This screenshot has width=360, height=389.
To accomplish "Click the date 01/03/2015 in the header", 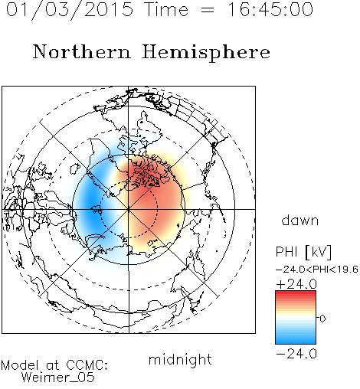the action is click(70, 10).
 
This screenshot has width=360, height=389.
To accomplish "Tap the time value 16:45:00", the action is click(270, 10).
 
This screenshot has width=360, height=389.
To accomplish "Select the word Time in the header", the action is click(166, 10).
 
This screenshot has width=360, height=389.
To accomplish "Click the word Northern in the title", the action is click(82, 51).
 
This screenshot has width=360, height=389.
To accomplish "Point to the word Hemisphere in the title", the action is click(206, 53).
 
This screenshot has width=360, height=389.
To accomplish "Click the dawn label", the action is click(300, 220).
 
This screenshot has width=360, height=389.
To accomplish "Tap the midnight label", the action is click(180, 360).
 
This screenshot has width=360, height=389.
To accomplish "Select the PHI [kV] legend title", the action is click(303, 252).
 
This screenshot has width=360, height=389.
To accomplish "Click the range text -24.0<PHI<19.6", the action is click(317, 270).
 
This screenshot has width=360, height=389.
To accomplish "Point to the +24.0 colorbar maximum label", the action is click(296, 284).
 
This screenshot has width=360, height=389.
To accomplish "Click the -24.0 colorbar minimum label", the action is click(296, 354).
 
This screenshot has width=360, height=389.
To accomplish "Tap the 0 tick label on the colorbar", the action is click(322, 319).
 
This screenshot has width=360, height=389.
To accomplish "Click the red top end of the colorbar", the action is click(296, 293).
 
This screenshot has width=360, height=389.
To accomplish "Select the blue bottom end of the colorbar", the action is click(296, 342).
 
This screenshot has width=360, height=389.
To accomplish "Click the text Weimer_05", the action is click(58, 378).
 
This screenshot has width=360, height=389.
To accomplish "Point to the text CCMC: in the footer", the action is click(87, 365).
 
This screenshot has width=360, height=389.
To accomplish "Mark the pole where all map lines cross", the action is click(129, 209).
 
